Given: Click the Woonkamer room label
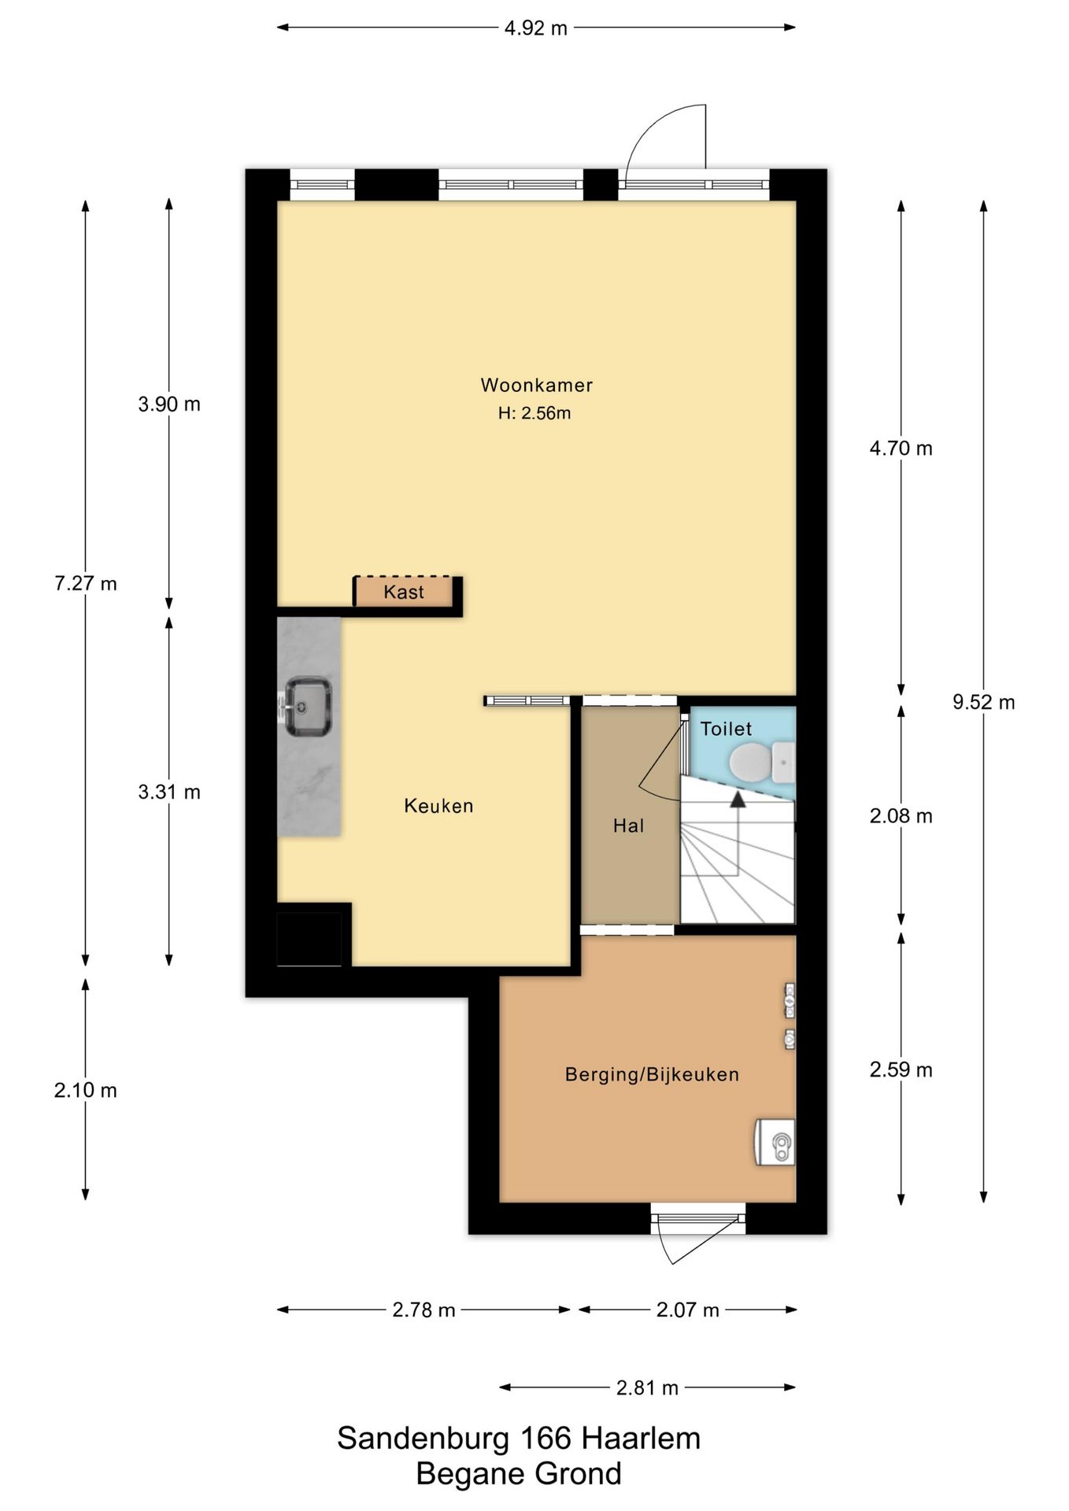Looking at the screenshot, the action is click(536, 385).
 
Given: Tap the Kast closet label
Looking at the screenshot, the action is click(404, 592).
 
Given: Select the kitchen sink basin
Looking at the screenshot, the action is click(307, 706).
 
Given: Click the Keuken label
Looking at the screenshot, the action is click(438, 806).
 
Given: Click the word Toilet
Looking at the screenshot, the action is click(726, 729).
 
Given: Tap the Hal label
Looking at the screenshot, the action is click(628, 826).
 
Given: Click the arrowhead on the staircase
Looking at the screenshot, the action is click(738, 800).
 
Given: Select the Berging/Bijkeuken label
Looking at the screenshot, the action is click(652, 1074).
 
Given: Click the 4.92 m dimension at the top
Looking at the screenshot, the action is click(535, 28).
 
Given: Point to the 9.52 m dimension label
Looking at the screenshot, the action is click(983, 702).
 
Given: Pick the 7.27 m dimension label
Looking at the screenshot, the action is click(85, 583).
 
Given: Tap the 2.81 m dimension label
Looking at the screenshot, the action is click(647, 1387).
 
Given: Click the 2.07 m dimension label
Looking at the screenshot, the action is click(687, 1310).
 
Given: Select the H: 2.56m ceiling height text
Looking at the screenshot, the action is click(534, 412).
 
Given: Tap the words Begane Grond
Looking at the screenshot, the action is click(519, 1474).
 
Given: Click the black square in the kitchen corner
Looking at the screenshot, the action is click(309, 939).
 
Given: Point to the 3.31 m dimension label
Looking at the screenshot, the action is click(169, 792).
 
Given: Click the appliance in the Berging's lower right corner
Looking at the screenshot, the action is click(775, 1143).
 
